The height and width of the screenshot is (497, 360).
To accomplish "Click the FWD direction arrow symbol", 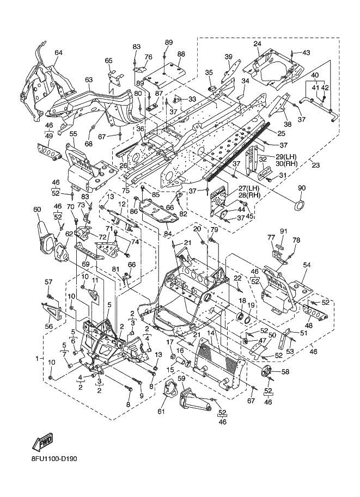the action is (42, 442).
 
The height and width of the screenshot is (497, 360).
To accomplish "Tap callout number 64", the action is (58, 53).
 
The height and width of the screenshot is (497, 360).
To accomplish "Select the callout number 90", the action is (302, 188).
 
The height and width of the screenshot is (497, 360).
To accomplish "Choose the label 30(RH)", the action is (287, 163).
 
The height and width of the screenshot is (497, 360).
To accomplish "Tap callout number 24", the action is (257, 44).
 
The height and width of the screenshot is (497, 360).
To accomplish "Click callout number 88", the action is (181, 54).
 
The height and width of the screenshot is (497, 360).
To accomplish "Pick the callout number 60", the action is (37, 209).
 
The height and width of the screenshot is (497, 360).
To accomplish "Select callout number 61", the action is (161, 412).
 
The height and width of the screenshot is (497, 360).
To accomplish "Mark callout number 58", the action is (285, 371).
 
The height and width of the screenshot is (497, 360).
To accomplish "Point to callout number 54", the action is (307, 265).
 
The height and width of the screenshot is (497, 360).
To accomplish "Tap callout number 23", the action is (315, 165).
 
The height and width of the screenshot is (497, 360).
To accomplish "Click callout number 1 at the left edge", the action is (37, 359).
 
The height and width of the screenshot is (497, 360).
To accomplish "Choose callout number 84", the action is (167, 234).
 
